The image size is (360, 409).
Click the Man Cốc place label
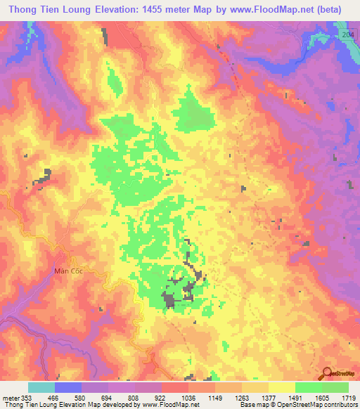pyautogui.click(x=68, y=269)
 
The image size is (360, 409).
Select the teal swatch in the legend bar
pyautogui.click(x=41, y=387)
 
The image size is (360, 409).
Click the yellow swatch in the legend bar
pyautogui.click(x=281, y=387)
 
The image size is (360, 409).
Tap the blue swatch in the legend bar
pyautogui.click(x=67, y=387)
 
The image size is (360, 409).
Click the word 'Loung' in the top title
pyautogui.click(x=71, y=11)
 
